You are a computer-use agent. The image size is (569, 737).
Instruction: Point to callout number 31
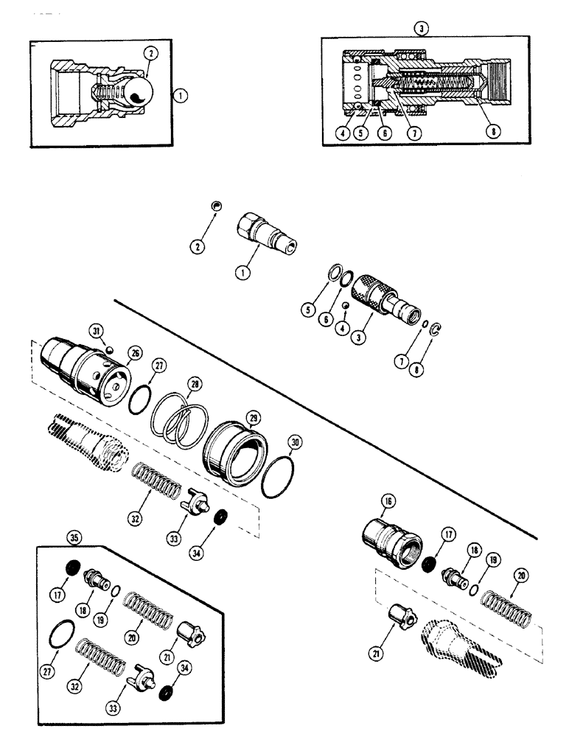click(96, 329)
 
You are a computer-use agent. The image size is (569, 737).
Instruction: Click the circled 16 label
click(388, 501)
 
